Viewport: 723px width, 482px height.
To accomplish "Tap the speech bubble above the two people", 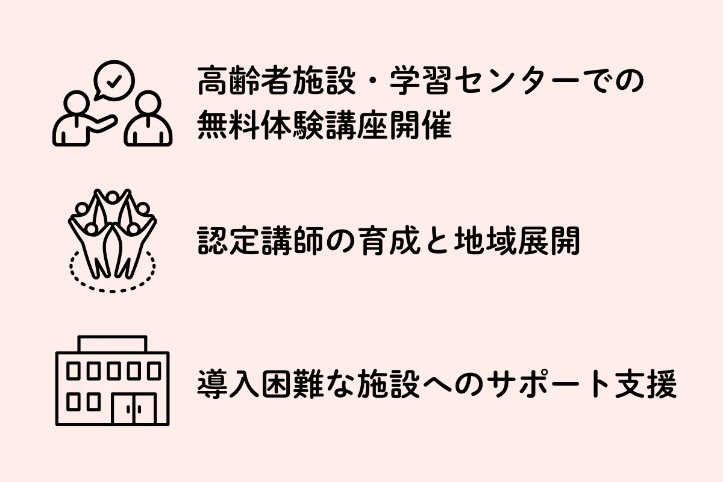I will (x=114, y=81).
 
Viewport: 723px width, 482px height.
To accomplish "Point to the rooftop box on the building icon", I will (x=112, y=344).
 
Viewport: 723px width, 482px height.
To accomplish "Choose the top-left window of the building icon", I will (x=74, y=370).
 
